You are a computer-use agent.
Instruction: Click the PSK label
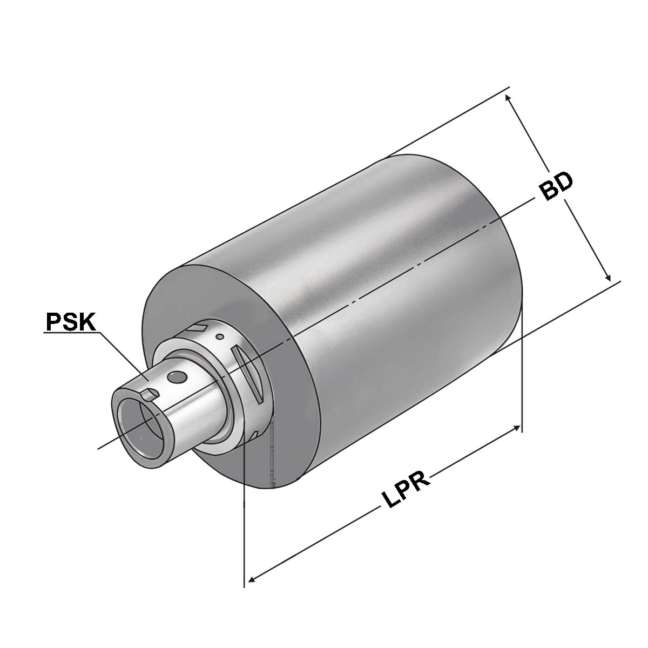point(70,322)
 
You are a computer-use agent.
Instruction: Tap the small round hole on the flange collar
point(219,337)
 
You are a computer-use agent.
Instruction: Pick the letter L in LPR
point(389,502)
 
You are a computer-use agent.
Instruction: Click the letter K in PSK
point(86,322)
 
